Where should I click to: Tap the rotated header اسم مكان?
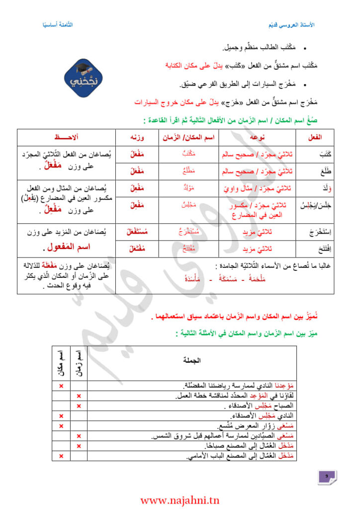(61, 362)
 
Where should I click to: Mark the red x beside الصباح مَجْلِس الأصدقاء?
(79, 406)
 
